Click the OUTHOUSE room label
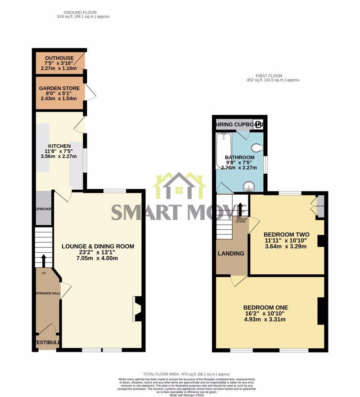[x=58, y=58]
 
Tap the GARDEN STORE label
[x=59, y=88]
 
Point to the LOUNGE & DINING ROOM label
[x=98, y=246]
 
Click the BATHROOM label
[x=239, y=157]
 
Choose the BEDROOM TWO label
[x=286, y=234]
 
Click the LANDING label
[x=231, y=254]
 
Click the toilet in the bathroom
[x=257, y=147]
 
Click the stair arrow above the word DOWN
[x=240, y=210]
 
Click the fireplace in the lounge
[x=137, y=308]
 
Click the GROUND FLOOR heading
[x=81, y=12]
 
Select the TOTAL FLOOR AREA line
[x=187, y=374]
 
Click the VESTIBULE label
[x=47, y=343]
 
